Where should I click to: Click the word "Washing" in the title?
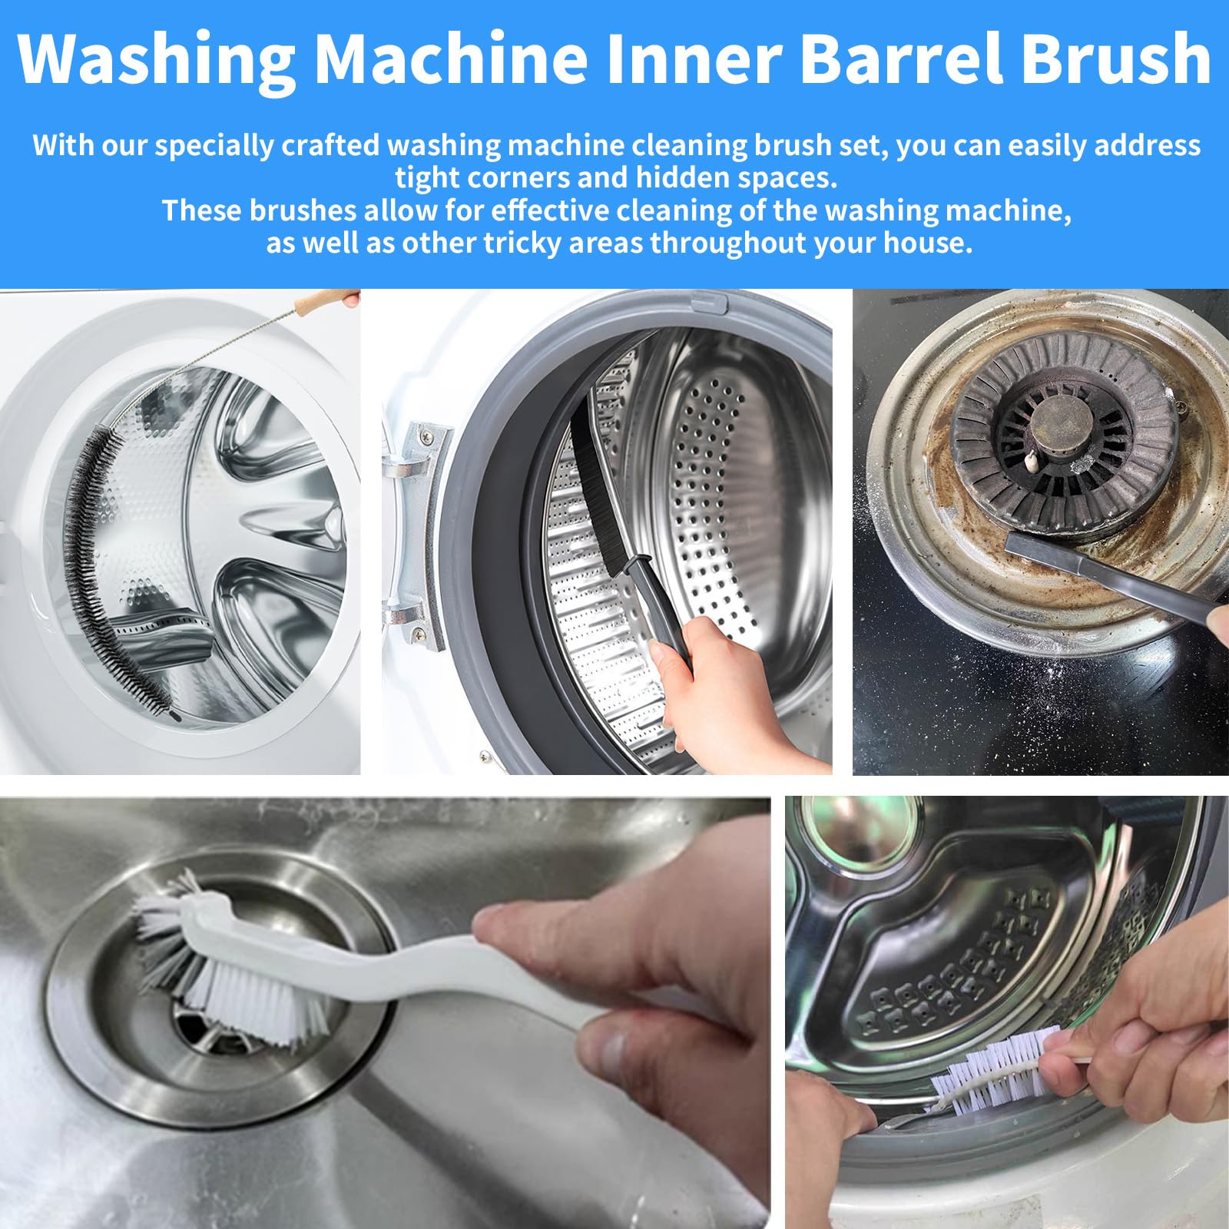(x=157, y=60)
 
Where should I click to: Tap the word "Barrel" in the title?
(x=904, y=58)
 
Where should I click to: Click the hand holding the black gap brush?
(x=730, y=691)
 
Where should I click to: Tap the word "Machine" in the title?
(x=451, y=58)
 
